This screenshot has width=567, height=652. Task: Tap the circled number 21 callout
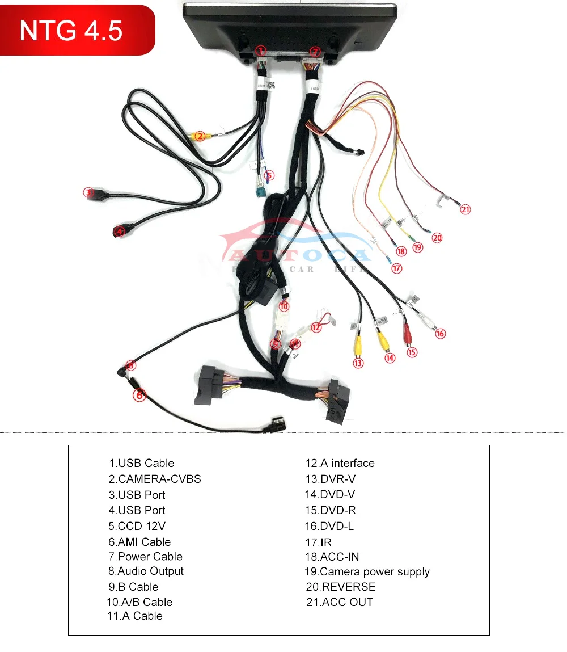[x=466, y=209]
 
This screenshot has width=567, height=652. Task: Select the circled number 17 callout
[x=397, y=268]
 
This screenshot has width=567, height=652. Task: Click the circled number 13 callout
[x=358, y=363]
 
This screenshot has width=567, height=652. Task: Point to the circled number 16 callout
[x=441, y=334]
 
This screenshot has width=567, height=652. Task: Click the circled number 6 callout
[x=139, y=395]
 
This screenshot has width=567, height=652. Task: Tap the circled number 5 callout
[x=269, y=176]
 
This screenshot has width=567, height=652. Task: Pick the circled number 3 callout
[x=88, y=192]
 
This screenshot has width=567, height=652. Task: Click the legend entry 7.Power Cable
[x=146, y=557]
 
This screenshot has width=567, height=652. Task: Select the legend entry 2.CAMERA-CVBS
[x=155, y=479]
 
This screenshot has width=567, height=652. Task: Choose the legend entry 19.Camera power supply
[x=367, y=572]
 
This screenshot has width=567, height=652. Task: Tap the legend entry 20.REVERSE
[x=341, y=587]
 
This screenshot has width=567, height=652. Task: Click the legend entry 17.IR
[x=318, y=542]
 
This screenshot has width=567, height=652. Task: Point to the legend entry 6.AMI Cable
[x=139, y=542]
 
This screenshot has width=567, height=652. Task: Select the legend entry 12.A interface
[x=340, y=463]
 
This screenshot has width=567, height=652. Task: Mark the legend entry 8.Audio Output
[x=146, y=571]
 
